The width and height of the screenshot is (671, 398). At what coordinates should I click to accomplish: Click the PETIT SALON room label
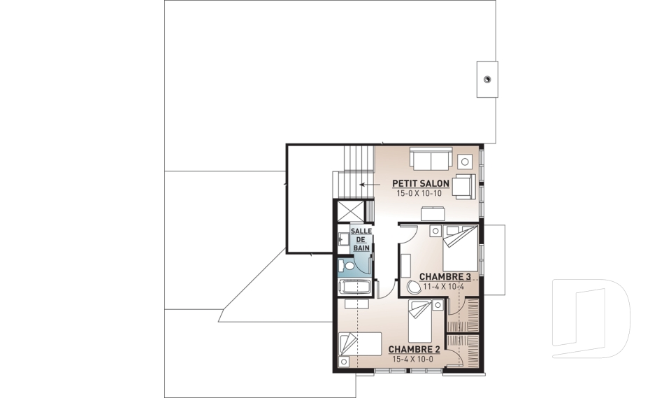pos(421,184)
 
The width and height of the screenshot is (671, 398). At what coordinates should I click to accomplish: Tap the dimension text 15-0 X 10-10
pos(419,193)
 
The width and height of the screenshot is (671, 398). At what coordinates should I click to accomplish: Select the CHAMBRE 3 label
pos(445,277)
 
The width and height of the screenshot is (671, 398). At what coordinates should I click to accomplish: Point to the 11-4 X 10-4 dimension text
pos(444,287)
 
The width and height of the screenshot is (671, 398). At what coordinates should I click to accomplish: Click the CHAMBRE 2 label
pos(414,350)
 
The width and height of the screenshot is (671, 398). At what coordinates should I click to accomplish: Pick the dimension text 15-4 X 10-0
pos(412,359)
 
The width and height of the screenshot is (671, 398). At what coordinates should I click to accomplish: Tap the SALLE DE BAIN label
pos(361,239)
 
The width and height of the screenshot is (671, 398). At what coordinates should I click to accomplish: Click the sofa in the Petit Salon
pos(431,159)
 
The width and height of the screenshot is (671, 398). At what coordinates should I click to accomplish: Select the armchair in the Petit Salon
pos(464,187)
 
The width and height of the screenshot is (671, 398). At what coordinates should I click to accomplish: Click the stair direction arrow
pos(370,185)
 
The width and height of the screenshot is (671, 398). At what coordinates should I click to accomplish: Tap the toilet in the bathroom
pos(347,266)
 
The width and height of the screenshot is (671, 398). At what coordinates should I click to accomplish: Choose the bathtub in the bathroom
pos(354,287)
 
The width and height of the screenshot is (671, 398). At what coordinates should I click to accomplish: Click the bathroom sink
pos(342,239)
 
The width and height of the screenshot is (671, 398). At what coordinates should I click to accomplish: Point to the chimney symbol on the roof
pos(487,79)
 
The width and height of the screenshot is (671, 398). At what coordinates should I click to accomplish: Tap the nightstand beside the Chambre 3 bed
pos(435,231)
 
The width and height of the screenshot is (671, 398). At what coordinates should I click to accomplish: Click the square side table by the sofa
pos(465,162)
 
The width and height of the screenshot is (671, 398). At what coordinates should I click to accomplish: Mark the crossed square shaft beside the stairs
pos(350,211)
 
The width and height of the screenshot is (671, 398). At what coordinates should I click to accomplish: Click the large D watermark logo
pos(591,318)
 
